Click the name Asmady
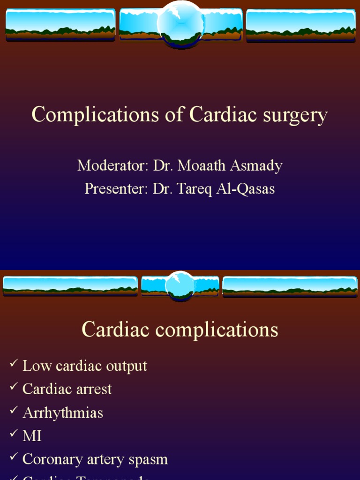click(256, 166)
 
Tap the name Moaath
click(202, 165)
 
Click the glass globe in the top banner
click(180, 23)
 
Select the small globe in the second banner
click(180, 285)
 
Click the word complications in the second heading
click(217, 330)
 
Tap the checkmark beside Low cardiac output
click(13, 363)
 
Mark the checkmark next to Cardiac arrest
click(13, 387)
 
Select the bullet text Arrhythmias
click(63, 413)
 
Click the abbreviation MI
click(32, 436)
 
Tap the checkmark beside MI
click(13, 434)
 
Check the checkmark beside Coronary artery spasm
click(13, 457)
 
